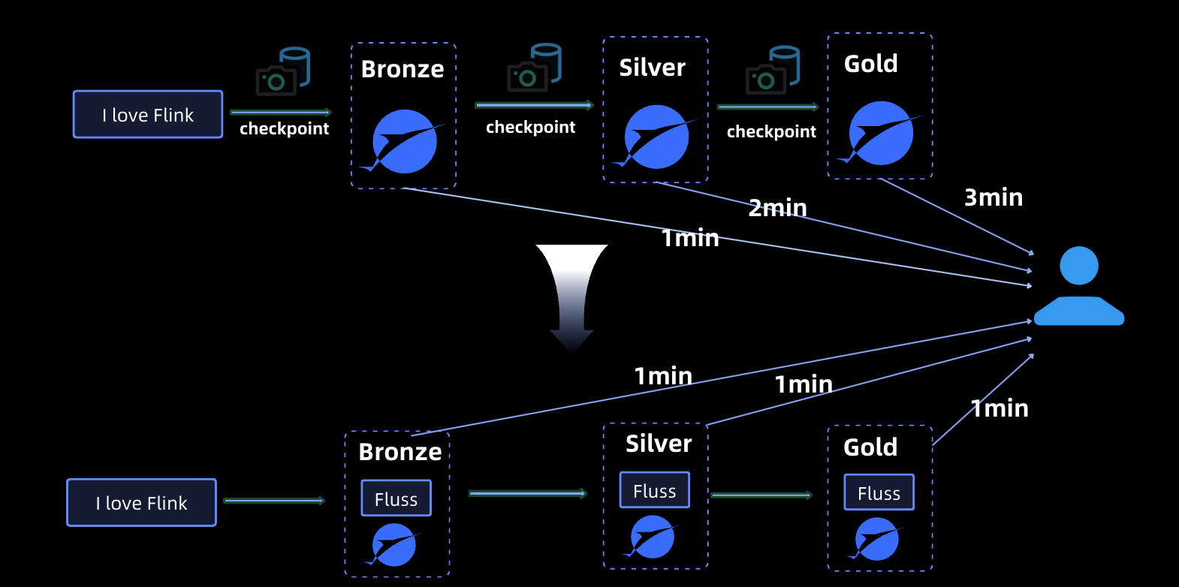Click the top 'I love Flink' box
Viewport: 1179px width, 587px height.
click(148, 115)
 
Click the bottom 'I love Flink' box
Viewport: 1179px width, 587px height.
click(141, 503)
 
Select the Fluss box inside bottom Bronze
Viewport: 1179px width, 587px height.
click(396, 498)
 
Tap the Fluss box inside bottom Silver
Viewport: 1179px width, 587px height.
click(654, 490)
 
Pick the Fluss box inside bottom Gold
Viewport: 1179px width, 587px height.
click(879, 492)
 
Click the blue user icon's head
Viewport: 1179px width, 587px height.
click(1079, 266)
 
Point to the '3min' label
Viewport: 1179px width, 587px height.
click(994, 197)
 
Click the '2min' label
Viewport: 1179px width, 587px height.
click(777, 208)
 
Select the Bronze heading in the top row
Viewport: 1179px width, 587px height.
click(403, 69)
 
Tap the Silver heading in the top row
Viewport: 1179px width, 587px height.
click(652, 68)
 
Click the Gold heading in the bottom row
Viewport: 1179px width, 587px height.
click(870, 447)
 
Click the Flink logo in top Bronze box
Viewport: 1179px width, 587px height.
click(404, 142)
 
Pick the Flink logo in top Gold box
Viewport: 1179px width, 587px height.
click(880, 134)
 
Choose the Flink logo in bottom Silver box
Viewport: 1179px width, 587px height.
click(651, 537)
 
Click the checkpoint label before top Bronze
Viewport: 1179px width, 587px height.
click(284, 129)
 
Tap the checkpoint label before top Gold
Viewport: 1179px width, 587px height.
click(771, 132)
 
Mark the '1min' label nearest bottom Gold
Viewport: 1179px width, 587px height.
click(1000, 408)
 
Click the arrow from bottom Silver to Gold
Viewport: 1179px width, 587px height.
click(761, 495)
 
